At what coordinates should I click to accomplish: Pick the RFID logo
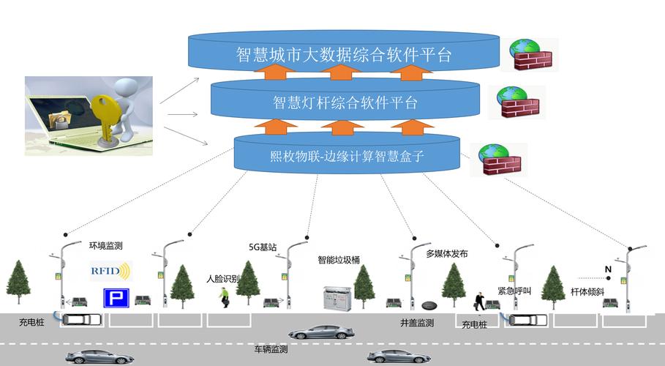click(109, 271)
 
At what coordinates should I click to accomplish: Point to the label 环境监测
click(105, 246)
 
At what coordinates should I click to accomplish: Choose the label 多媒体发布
click(446, 254)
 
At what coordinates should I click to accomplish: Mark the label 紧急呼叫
click(514, 291)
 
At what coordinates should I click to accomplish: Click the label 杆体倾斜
click(587, 291)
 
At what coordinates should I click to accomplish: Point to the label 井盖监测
click(417, 322)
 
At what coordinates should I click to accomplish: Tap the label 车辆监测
click(271, 349)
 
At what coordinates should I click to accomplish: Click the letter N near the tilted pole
click(607, 269)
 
